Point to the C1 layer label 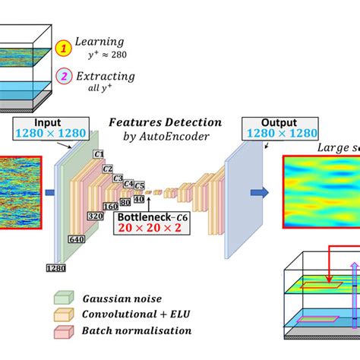tap(99, 155)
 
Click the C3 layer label tap(118, 178)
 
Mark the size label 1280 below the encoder tap(55, 268)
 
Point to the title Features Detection tap(165, 122)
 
